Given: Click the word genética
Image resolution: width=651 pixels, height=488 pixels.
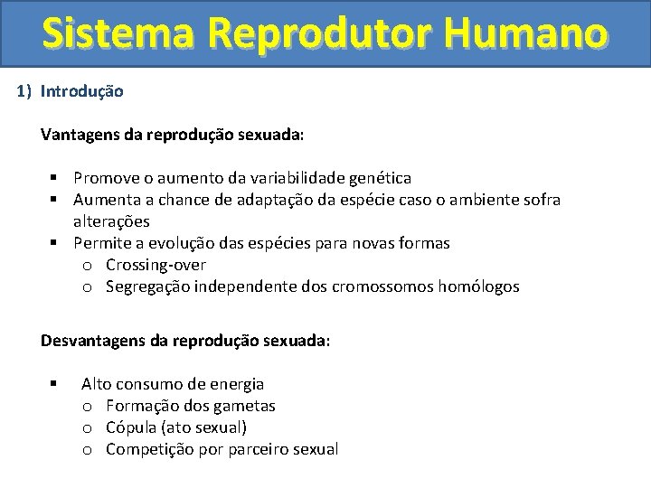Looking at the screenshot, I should point(379,178).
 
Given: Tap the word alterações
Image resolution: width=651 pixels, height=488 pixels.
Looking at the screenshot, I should point(111,221).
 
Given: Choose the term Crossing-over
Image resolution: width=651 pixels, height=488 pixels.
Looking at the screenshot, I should point(156,265).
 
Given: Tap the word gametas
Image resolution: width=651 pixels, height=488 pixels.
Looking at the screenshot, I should point(244,406).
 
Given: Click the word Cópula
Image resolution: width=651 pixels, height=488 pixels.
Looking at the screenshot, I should point(130,427).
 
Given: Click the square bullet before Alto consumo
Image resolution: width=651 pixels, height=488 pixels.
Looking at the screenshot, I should point(55,384).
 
